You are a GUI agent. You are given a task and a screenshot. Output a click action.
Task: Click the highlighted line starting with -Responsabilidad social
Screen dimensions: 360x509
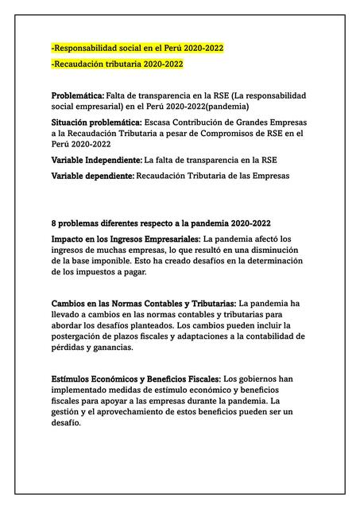137,48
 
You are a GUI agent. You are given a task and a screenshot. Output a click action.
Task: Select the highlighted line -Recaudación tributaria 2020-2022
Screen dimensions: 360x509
117,64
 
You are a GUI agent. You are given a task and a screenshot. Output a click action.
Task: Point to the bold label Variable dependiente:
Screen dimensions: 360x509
93,175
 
